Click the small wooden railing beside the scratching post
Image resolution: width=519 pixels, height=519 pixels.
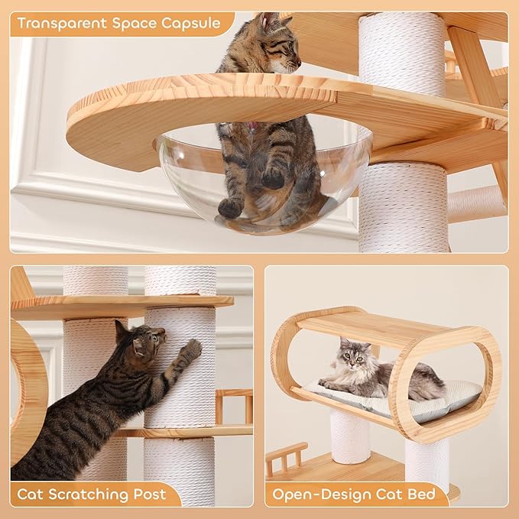pos(233,405)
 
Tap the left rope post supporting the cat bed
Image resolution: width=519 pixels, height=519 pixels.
pos(349,436)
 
